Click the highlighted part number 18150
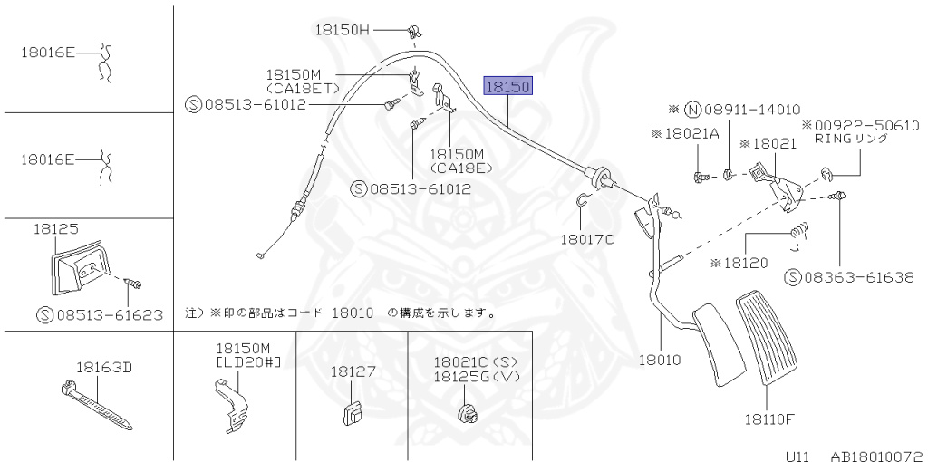click(x=510, y=87)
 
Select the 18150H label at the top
click(x=343, y=30)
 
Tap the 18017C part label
click(x=586, y=240)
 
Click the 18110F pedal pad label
click(x=769, y=419)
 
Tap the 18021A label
click(x=684, y=133)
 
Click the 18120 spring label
click(x=739, y=263)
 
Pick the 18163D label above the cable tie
click(x=103, y=368)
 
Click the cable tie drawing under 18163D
click(x=94, y=403)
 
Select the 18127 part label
click(x=353, y=372)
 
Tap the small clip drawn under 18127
click(x=352, y=414)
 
